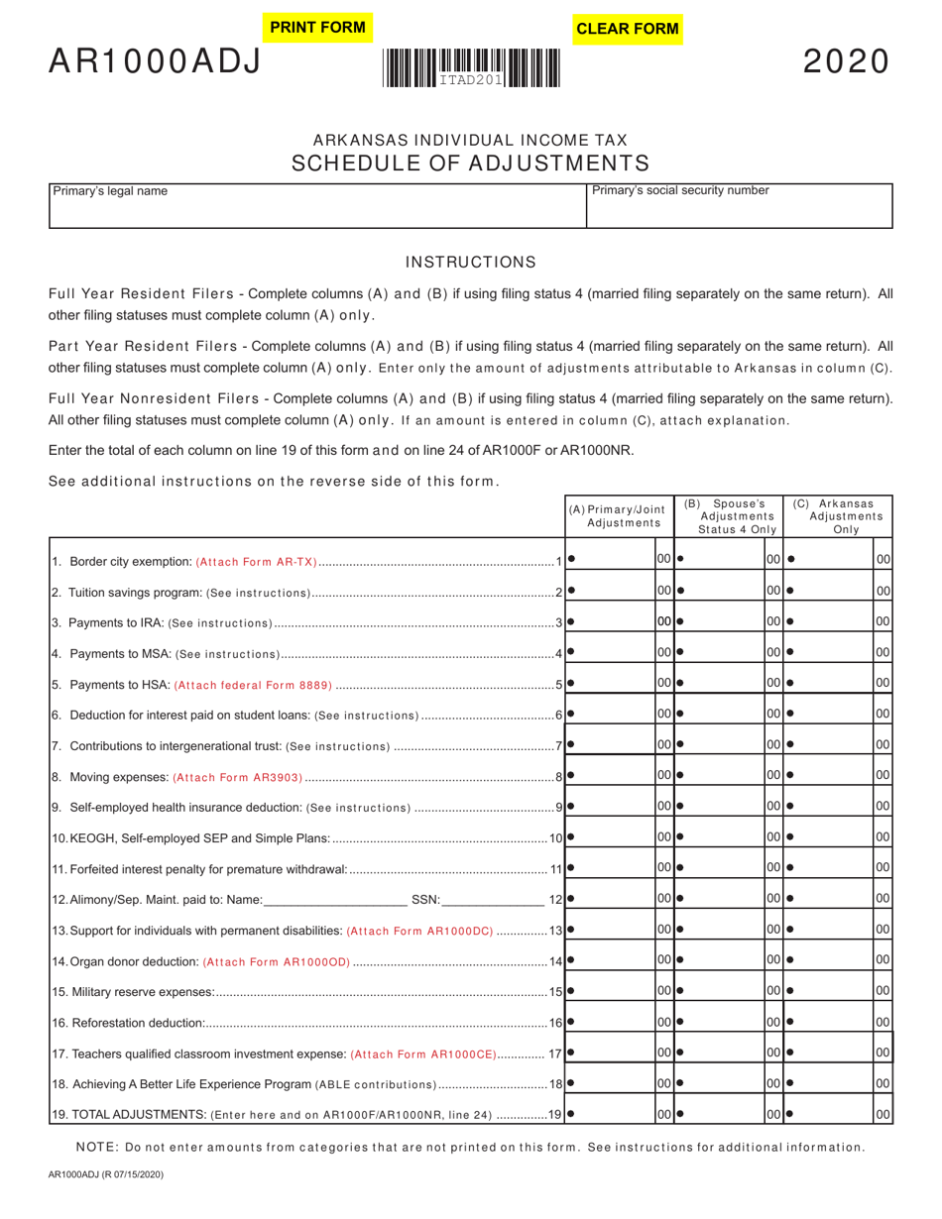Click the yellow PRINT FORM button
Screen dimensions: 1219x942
(x=317, y=28)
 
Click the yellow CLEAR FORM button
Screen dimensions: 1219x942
(x=628, y=29)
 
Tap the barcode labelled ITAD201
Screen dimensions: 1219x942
(x=471, y=69)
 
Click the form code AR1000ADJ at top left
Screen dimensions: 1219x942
(x=156, y=62)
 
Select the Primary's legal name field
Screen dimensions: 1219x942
(x=317, y=212)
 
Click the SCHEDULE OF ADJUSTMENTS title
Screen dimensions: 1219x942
(x=471, y=164)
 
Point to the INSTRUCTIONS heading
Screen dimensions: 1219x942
(x=471, y=263)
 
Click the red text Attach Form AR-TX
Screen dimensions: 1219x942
(x=257, y=563)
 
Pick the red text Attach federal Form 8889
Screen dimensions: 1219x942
(x=253, y=686)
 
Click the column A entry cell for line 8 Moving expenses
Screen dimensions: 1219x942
(x=615, y=776)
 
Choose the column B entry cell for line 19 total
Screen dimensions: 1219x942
(x=724, y=1114)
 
